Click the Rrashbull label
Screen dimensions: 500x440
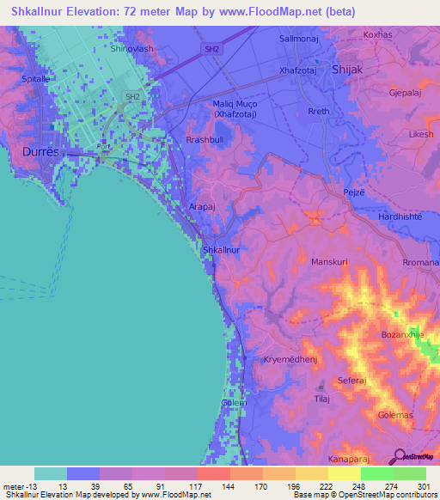click(x=205, y=139)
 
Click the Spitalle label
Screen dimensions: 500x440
click(x=23, y=77)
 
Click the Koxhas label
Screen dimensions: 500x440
click(x=377, y=34)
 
